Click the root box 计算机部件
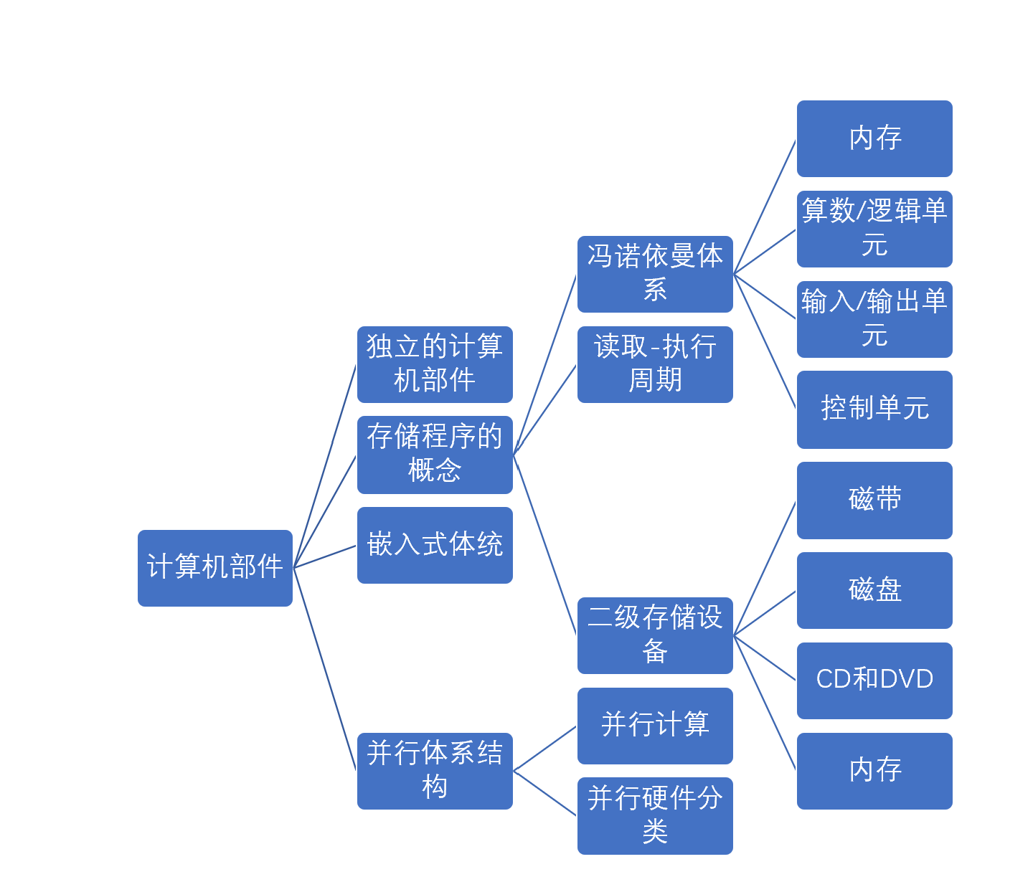tap(215, 568)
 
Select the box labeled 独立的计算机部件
tap(435, 364)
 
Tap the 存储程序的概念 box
tap(435, 455)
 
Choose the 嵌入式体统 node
tap(435, 545)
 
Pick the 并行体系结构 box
tap(435, 771)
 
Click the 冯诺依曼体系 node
tap(655, 274)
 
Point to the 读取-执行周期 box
tap(655, 364)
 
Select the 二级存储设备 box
tap(655, 635)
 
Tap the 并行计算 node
tap(655, 726)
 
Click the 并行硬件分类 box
tap(655, 816)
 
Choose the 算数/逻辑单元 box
tap(874, 229)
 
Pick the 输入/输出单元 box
tap(874, 319)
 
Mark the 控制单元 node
tap(874, 409)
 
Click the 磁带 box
tap(874, 500)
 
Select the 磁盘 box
tap(874, 590)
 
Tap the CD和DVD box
tap(874, 681)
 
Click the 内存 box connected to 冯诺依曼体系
tap(874, 138)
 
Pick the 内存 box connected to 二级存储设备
tap(874, 771)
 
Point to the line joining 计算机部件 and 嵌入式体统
tap(325, 556)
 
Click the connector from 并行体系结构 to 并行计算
tap(545, 749)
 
